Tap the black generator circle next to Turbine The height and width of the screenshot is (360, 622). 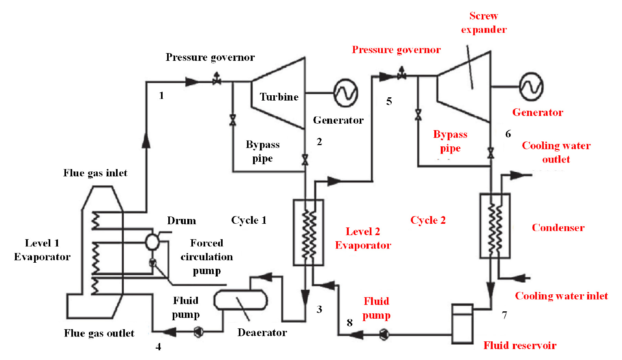click(345, 93)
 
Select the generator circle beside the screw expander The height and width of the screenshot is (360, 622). click(531, 87)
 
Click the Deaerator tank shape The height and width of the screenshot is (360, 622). click(240, 300)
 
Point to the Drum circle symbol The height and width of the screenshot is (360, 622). click(152, 242)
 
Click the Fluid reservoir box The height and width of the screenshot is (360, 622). click(463, 324)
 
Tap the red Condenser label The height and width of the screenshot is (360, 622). click(558, 228)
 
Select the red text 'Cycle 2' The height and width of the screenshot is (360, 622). click(428, 220)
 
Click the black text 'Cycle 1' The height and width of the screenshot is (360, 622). click(249, 220)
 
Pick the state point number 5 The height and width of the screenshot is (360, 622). click(389, 101)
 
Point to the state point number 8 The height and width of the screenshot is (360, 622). click(350, 323)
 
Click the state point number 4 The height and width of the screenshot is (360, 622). click(158, 347)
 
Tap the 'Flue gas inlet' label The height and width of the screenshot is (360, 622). click(95, 173)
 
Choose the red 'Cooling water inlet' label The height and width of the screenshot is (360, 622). click(561, 296)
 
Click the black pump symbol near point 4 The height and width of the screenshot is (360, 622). click(198, 332)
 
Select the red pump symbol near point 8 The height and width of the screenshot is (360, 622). click(384, 334)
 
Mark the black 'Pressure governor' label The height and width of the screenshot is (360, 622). click(210, 58)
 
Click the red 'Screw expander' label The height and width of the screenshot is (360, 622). click(484, 23)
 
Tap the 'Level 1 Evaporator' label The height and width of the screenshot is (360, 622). click(42, 250)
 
